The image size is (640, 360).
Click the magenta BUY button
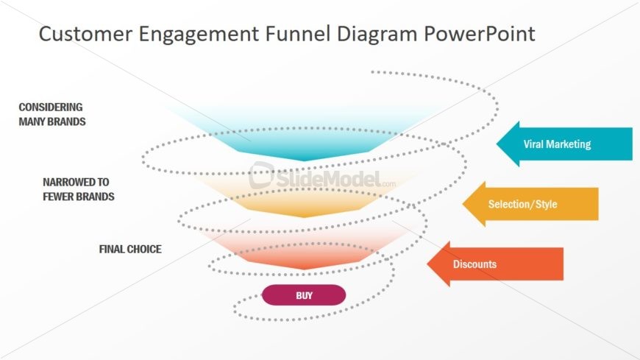coord(304,295)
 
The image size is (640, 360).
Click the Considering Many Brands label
coord(52,114)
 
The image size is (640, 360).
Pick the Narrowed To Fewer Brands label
coord(78,189)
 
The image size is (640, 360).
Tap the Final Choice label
coord(129,249)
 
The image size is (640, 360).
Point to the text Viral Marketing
coord(557,144)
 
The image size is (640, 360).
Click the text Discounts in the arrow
coord(474,264)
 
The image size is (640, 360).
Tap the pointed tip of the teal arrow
coord(499,144)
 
